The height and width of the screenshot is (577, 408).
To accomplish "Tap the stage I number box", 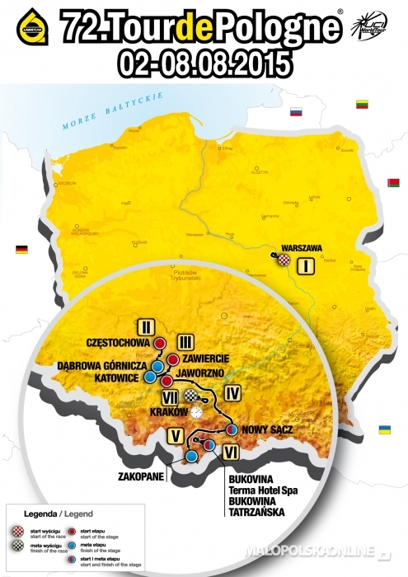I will (306, 265).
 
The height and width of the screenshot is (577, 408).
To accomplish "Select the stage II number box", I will (148, 324).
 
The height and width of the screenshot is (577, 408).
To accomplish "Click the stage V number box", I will (175, 434).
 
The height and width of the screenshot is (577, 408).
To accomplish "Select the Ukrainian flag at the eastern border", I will (384, 430).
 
